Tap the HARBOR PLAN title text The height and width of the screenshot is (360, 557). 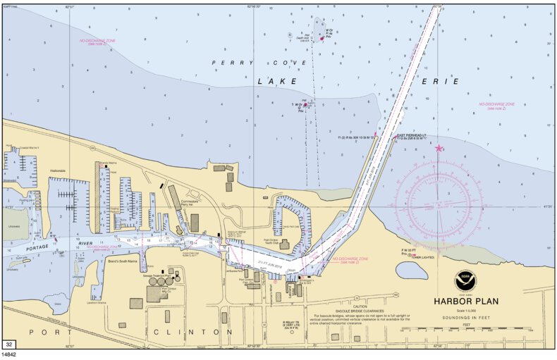[467, 302]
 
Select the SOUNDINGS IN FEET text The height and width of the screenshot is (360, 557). [467, 319]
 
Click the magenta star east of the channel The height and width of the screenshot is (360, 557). [439, 148]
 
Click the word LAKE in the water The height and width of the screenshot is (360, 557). [272, 82]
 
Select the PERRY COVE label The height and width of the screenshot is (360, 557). [260, 63]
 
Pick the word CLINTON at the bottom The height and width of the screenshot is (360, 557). [192, 331]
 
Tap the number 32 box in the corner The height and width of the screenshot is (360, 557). [9, 344]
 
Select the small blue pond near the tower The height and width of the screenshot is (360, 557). [410, 271]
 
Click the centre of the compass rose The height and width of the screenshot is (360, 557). [439, 206]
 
